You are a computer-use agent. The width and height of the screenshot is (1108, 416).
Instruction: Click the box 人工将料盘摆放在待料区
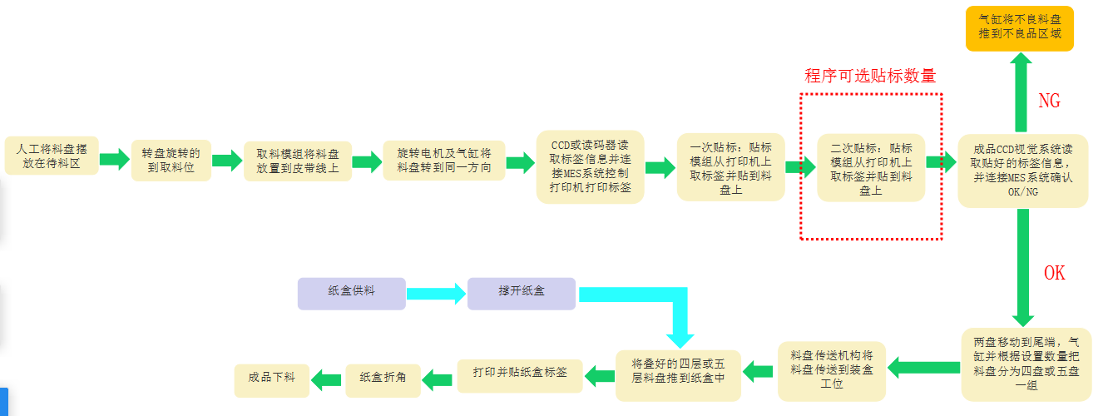[x=52, y=156]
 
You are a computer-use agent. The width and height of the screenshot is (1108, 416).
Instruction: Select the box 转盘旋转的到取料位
[x=171, y=161]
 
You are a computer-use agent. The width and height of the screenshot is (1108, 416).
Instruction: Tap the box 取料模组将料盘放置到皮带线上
[x=298, y=161]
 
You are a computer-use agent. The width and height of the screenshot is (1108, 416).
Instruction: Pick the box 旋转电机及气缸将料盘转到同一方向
[x=443, y=161]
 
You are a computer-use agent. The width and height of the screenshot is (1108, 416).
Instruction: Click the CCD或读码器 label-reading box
[x=590, y=166]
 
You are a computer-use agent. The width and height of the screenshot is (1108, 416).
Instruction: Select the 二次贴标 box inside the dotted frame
[x=871, y=166]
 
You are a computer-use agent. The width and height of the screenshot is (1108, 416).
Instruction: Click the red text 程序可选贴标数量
[x=870, y=77]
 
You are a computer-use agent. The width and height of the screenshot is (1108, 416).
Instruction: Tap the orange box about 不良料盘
[x=1019, y=29]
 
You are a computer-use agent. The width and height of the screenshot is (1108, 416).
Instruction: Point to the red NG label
[x=1049, y=102]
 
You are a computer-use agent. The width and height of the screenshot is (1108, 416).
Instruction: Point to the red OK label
[x=1053, y=273]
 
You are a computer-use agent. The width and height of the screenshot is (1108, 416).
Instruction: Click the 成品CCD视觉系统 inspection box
[x=1022, y=171]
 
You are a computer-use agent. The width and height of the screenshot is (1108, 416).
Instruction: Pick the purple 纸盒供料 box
[x=351, y=293]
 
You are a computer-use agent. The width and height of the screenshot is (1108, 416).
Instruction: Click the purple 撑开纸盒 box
[x=521, y=293]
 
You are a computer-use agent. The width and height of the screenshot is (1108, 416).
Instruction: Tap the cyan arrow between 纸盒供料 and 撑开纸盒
[x=436, y=293]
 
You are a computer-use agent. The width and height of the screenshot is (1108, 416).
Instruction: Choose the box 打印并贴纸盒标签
[x=521, y=374]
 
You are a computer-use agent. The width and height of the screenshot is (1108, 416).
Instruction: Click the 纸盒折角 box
[x=383, y=379]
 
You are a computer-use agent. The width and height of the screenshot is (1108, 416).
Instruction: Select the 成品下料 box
[x=271, y=379]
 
